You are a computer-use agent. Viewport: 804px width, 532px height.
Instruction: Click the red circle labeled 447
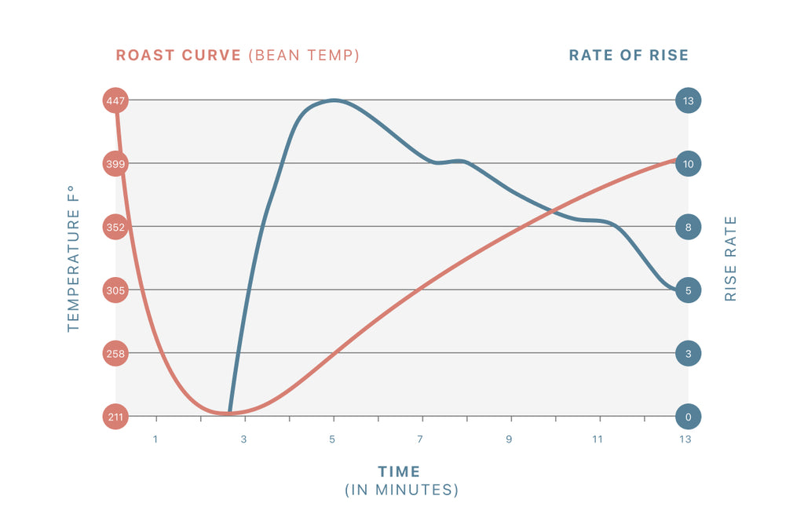click(x=115, y=100)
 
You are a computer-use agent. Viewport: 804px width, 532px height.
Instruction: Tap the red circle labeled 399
click(x=115, y=164)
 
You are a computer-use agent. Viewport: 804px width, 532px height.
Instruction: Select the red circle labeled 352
click(x=115, y=228)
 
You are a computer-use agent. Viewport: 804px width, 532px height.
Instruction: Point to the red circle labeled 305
click(x=115, y=290)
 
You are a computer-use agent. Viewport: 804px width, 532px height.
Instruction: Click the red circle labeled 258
click(x=115, y=354)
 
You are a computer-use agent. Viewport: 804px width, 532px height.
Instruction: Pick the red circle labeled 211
click(x=115, y=417)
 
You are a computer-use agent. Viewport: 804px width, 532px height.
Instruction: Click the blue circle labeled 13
click(x=689, y=100)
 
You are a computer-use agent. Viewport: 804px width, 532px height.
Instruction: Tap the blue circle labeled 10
click(x=689, y=164)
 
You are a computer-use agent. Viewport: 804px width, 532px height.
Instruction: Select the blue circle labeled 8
click(x=689, y=228)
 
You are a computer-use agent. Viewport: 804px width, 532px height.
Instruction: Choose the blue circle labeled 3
click(x=689, y=354)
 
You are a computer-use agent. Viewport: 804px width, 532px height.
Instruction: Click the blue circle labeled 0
click(x=689, y=417)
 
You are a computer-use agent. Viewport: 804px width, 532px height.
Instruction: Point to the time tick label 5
click(x=332, y=439)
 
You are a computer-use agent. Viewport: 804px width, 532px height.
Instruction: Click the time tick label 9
click(x=509, y=439)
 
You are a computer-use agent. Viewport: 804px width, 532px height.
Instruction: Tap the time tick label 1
click(x=155, y=439)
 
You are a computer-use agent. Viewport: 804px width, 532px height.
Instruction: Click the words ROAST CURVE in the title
click(x=178, y=56)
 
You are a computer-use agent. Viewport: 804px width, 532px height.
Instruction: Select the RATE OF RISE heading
click(x=628, y=56)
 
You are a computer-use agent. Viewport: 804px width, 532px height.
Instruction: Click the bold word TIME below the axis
click(x=400, y=472)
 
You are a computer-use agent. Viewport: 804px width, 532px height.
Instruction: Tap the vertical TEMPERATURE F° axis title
click(x=74, y=258)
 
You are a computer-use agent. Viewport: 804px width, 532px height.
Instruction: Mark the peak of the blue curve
click(x=334, y=100)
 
